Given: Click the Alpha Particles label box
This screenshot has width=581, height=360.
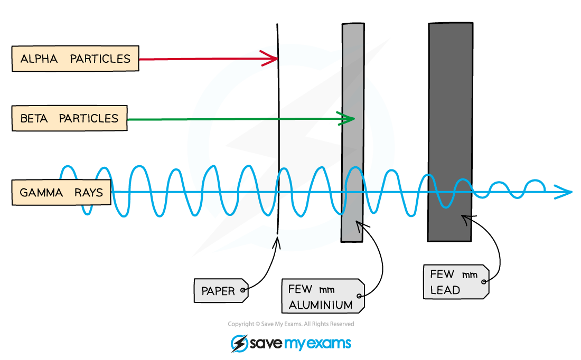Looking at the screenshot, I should pos(75,59).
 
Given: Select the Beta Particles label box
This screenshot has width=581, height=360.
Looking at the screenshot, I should pos(69,118).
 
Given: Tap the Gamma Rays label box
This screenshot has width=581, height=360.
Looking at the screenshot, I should pos(61,193).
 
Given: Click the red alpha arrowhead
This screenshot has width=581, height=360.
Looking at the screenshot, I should pos(272,59).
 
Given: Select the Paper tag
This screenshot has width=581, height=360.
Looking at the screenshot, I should pos(221,291).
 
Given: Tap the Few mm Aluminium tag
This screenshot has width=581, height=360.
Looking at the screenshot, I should pos(323,297).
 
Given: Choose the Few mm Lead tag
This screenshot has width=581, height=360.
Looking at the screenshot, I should pos(455,282).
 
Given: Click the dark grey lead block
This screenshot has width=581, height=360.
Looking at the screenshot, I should pos(450,132).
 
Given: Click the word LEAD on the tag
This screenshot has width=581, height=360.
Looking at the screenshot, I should pos(445,290).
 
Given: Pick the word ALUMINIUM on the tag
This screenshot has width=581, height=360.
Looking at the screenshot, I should pos(320,305).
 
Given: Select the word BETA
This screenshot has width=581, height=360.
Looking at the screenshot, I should pos(33,118).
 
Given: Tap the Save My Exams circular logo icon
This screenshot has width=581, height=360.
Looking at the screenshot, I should pos(239,343).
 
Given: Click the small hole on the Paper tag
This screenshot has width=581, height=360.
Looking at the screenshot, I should pos(243,290).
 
